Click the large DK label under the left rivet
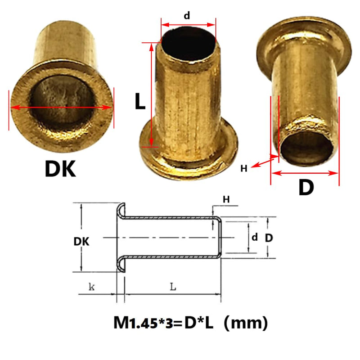(60, 169)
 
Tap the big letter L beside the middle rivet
(140, 102)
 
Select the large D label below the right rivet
(306, 188)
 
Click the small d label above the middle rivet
(187, 15)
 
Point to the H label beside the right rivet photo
(243, 169)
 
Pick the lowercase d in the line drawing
(255, 238)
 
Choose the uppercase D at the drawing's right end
(268, 238)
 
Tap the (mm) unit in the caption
(248, 323)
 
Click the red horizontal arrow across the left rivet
(61, 107)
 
